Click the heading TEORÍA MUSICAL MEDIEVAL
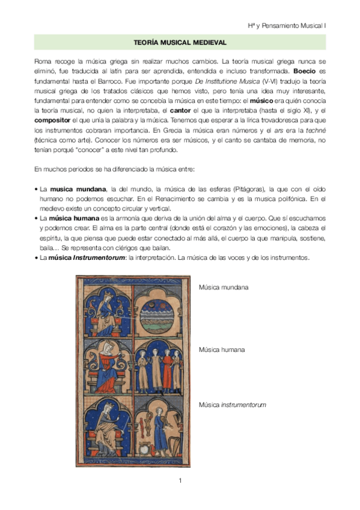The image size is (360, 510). coord(180,43)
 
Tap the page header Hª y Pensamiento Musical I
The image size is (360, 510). coord(287,26)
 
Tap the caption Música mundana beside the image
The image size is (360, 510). coord(223,287)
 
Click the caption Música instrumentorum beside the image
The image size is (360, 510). coord(232,405)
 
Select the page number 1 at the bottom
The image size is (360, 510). coord(180,481)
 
